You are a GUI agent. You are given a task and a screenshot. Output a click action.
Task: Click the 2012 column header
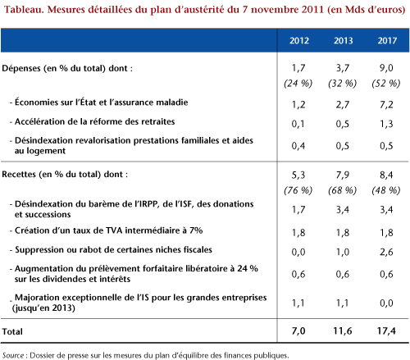click(299, 40)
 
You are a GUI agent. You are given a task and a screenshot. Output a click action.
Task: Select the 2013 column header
click(343, 40)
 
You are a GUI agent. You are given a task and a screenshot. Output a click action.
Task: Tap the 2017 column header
click(387, 40)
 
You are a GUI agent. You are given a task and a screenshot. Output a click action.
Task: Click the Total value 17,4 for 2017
click(386, 331)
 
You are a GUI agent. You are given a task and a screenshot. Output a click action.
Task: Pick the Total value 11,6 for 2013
click(343, 331)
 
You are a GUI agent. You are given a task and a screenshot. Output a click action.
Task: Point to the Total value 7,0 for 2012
click(298, 331)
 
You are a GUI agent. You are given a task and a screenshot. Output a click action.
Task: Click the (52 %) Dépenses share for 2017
click(386, 83)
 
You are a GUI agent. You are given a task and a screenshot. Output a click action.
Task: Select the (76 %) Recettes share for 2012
click(298, 190)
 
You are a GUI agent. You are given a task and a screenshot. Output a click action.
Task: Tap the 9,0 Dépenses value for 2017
click(386, 68)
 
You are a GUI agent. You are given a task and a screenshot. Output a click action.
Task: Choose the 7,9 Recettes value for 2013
click(343, 175)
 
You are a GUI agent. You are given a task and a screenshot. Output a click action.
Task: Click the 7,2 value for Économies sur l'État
click(386, 105)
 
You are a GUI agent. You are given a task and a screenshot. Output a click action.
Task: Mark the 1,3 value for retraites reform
click(386, 124)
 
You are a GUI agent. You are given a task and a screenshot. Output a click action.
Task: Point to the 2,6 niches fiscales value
click(386, 252)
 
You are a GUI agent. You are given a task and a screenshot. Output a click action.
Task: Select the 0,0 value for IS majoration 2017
click(386, 303)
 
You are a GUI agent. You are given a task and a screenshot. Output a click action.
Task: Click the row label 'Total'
click(12, 331)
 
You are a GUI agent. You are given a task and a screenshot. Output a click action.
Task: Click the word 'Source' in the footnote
click(13, 355)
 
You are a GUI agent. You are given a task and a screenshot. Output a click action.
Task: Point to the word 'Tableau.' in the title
click(24, 10)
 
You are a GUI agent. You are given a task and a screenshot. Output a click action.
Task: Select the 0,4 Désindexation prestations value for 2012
click(298, 146)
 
